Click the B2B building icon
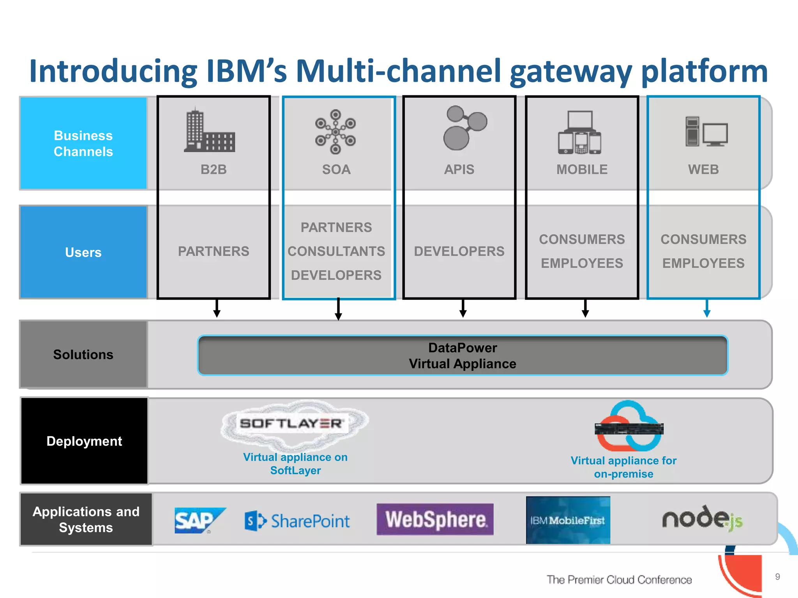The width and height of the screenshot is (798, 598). tap(209, 130)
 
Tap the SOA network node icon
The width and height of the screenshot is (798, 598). tap(335, 132)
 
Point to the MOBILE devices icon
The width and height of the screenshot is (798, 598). tap(580, 132)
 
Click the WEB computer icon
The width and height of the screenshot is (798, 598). tap(706, 132)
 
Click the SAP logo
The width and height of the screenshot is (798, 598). tap(199, 520)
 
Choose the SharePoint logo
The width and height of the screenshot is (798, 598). tap(297, 521)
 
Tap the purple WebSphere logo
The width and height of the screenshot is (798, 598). tap(435, 519)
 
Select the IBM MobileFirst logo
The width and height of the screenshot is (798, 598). tap(568, 520)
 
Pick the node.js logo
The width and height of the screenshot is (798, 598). tap(702, 518)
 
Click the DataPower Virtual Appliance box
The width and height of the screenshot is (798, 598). tap(463, 355)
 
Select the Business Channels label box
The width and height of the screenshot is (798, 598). tap(83, 143)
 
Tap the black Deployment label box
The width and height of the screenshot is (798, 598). tap(84, 441)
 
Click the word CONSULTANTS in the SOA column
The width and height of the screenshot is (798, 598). tap(336, 252)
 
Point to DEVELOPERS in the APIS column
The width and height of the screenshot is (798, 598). tap(459, 252)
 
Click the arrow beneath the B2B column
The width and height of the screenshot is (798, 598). tap(217, 309)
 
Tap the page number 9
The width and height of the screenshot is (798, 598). tap(777, 577)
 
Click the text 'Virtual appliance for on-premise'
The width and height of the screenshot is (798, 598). tap(623, 467)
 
